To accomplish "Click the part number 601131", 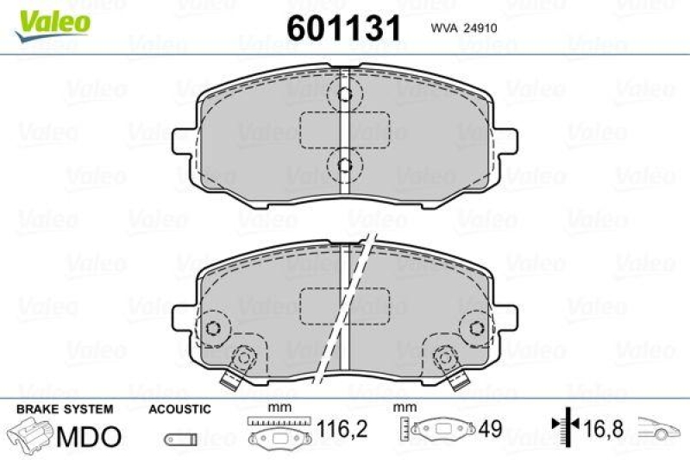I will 343,28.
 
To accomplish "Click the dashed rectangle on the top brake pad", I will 343,130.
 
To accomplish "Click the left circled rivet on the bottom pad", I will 210,328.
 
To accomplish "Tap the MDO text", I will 88,436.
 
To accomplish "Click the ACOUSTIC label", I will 179,408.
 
